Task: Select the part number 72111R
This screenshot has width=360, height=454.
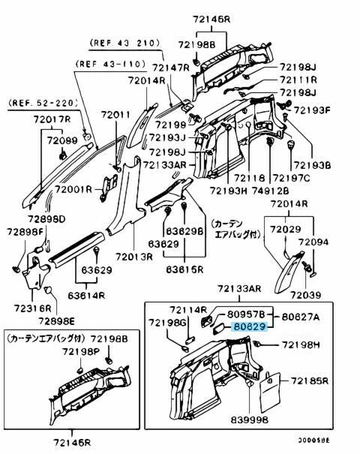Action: point(298,80)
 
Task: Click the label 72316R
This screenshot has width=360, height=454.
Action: point(34,308)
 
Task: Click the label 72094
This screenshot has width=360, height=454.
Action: point(313,243)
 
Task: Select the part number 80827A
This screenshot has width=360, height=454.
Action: point(300,317)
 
